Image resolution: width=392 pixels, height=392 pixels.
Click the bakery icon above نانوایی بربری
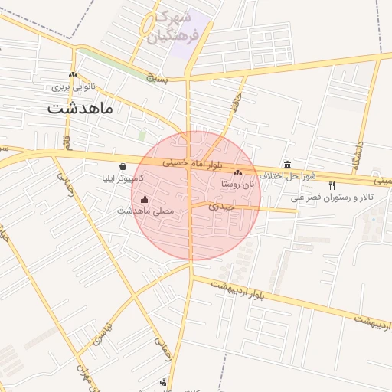(73, 75)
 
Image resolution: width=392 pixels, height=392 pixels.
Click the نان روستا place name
(237, 184)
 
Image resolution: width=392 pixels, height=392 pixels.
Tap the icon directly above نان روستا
(237, 172)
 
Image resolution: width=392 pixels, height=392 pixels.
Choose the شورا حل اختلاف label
(287, 176)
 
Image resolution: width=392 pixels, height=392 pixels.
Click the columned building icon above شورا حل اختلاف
(287, 165)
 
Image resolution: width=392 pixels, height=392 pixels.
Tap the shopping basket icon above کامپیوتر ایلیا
(122, 166)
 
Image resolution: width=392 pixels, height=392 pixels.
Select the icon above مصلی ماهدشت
(145, 199)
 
